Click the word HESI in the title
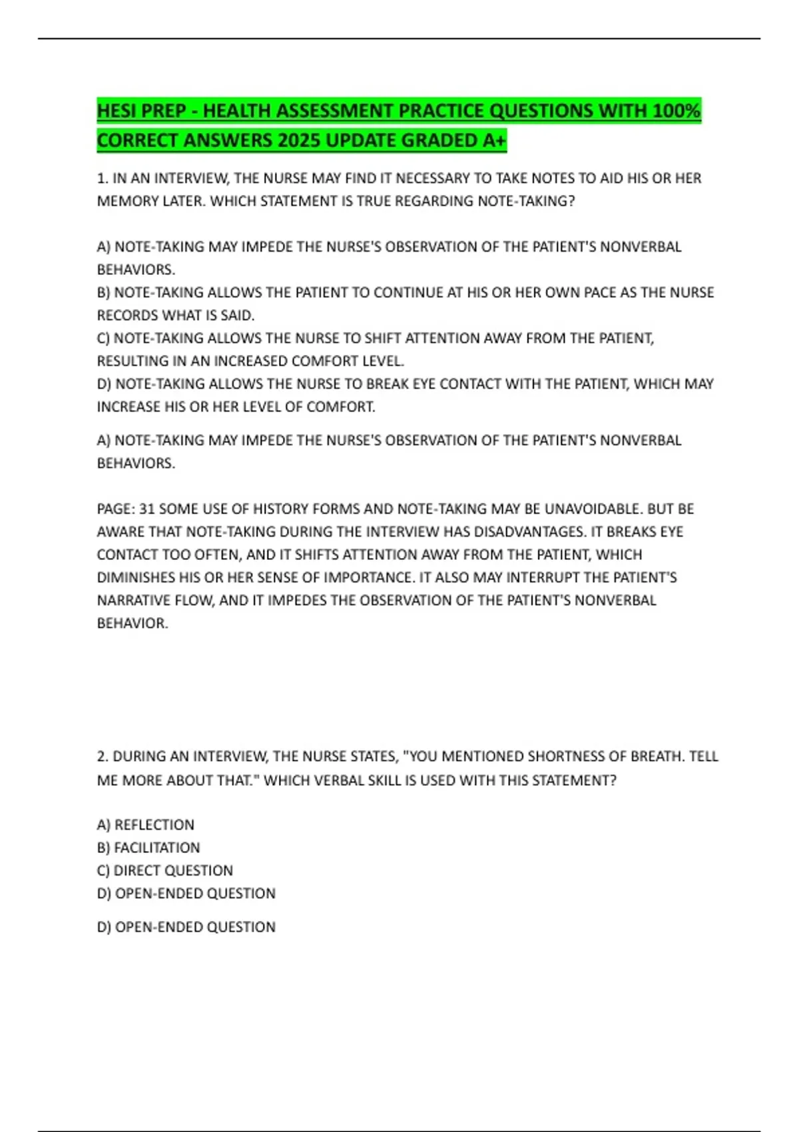pyautogui.click(x=117, y=111)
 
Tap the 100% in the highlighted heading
pyautogui.click(x=676, y=111)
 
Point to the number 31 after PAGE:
pyautogui.click(x=146, y=509)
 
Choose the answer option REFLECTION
pyautogui.click(x=154, y=825)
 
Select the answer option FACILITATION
pyautogui.click(x=156, y=848)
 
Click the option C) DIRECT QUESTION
pyautogui.click(x=165, y=871)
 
